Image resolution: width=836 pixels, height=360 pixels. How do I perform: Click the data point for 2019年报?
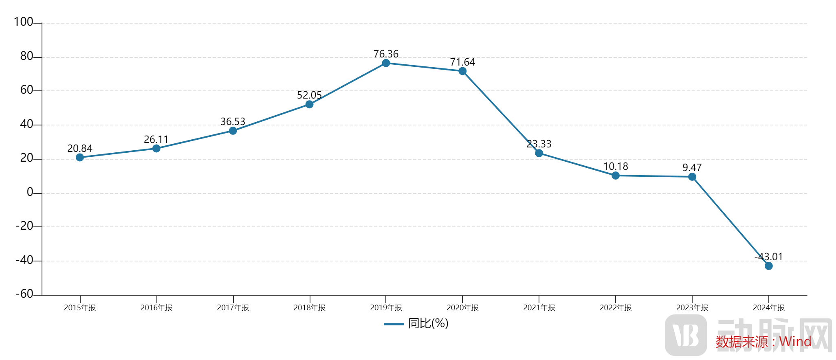coord(386,63)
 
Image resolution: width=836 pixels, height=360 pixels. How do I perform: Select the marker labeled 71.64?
coord(462,71)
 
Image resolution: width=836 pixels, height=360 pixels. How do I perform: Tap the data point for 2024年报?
coord(769,266)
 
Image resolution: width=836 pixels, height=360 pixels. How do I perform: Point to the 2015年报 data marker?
coord(80,157)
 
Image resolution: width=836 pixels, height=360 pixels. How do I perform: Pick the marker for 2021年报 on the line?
coord(539,153)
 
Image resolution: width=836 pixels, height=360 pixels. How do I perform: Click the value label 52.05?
coord(309,95)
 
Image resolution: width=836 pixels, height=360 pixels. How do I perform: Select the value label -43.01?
coord(769,257)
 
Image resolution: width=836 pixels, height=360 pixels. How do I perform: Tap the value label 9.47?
coord(692,168)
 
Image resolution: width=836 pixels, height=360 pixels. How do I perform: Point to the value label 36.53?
coord(233,122)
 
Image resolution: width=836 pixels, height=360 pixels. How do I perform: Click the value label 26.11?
coord(156,140)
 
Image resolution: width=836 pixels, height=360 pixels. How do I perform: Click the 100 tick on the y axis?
coord(24,22)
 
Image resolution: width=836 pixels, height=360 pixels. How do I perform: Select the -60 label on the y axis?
coord(24,294)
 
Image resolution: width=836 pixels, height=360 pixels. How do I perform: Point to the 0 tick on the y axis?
coord(30,192)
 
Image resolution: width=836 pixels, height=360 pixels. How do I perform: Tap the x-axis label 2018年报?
coord(309,308)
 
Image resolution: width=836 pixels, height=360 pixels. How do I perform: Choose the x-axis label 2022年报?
coord(616,308)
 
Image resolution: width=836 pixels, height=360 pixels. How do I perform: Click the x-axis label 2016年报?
coord(156,308)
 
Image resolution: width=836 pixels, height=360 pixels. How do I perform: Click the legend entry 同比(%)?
coord(428,323)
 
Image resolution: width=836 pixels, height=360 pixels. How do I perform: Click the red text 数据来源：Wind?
coord(763,342)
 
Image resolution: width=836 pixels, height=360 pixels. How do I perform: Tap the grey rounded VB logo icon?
coord(686,335)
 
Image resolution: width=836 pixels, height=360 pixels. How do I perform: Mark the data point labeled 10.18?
coord(616,176)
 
